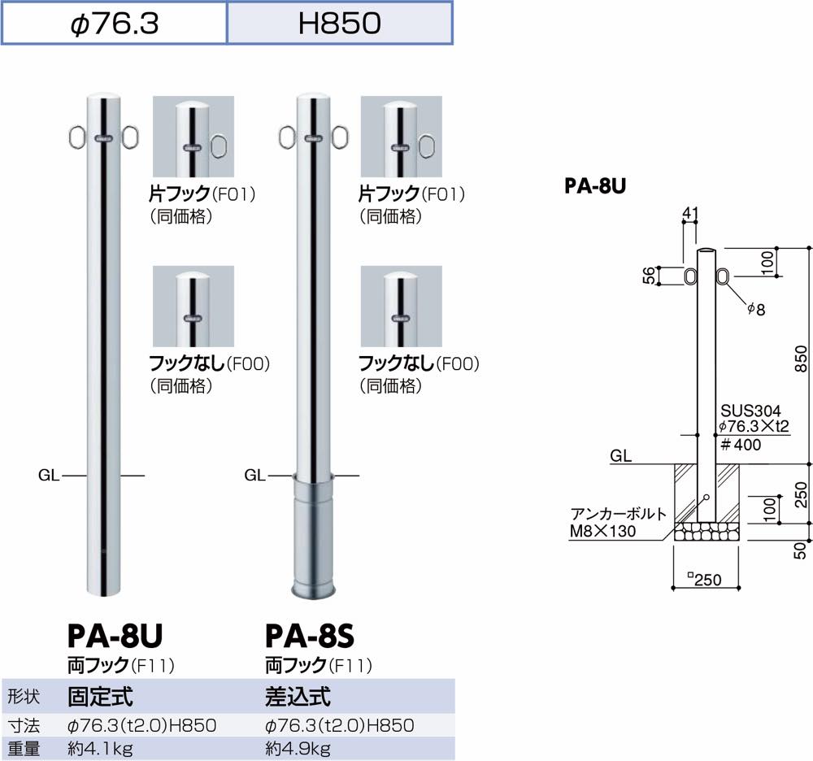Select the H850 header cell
(339, 23)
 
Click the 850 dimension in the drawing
(800, 355)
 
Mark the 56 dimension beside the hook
(648, 276)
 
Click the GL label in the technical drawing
(621, 456)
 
